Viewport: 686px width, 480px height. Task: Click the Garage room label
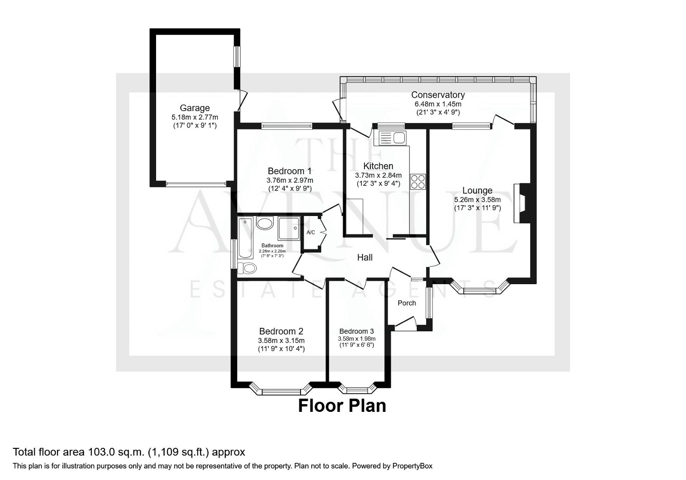pyautogui.click(x=195, y=108)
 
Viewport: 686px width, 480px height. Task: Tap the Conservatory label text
pyautogui.click(x=438, y=95)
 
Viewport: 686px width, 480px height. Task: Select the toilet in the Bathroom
pyautogui.click(x=247, y=268)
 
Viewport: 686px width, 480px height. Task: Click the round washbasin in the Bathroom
pyautogui.click(x=265, y=224)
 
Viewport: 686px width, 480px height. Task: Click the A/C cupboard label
pyautogui.click(x=311, y=232)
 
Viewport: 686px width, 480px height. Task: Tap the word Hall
pyautogui.click(x=365, y=257)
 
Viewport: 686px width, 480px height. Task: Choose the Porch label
pyautogui.click(x=407, y=303)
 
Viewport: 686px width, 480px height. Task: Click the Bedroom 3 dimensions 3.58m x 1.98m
pyautogui.click(x=356, y=338)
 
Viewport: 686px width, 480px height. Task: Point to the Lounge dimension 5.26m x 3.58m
pyautogui.click(x=477, y=199)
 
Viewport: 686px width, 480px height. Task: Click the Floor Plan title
pyautogui.click(x=342, y=405)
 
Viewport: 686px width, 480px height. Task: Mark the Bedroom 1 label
pyautogui.click(x=289, y=170)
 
